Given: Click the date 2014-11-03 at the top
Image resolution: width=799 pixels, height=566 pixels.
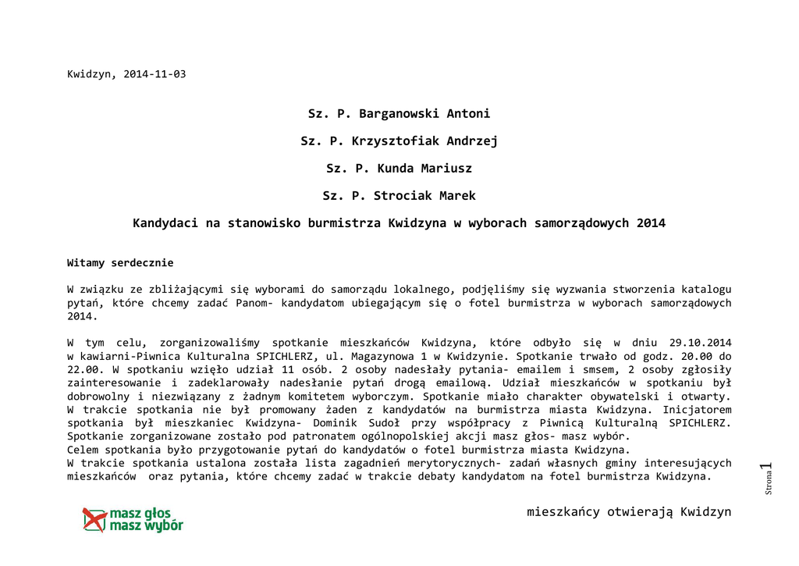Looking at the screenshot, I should pyautogui.click(x=154, y=74).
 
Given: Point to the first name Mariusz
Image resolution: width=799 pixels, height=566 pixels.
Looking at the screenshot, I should pyautogui.click(x=446, y=169).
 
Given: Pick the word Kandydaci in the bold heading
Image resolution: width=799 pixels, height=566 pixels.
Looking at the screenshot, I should pyautogui.click(x=165, y=223).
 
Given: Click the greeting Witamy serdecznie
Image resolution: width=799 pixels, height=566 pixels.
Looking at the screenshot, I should pyautogui.click(x=120, y=263).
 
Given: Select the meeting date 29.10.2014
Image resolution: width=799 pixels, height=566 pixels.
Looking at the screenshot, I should pyautogui.click(x=700, y=343).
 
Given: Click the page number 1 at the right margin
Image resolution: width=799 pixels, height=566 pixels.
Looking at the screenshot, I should pyautogui.click(x=769, y=468).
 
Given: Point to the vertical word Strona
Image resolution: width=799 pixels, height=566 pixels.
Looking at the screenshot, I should pyautogui.click(x=769, y=484).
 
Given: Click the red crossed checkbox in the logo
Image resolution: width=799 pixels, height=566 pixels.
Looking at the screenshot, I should pyautogui.click(x=94, y=519).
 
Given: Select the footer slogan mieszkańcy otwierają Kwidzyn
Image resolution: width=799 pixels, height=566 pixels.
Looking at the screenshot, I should pyautogui.click(x=629, y=512).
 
